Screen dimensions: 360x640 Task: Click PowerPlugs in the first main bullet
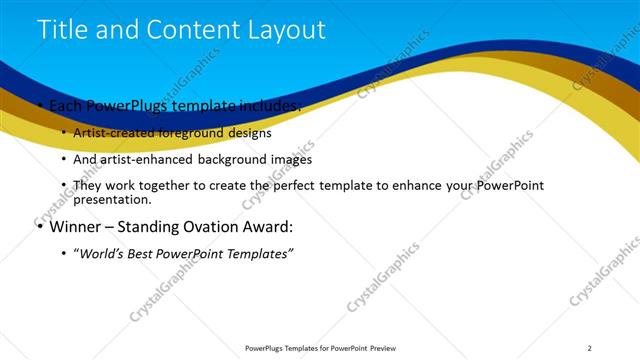click(x=124, y=105)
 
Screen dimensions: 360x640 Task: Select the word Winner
click(x=73, y=227)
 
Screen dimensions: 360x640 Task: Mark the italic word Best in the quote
click(x=152, y=254)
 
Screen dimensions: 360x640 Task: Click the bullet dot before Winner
click(x=39, y=227)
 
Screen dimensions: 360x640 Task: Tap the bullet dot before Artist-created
click(x=65, y=132)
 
